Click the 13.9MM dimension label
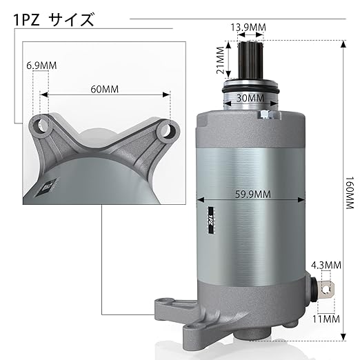(248, 28)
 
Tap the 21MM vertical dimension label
(221, 60)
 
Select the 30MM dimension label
(250, 99)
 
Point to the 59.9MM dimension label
(252, 194)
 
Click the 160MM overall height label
(350, 192)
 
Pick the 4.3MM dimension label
(326, 265)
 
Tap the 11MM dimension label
(326, 319)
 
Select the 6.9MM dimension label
(41, 66)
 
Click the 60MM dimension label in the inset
(105, 89)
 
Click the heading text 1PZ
(26, 20)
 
